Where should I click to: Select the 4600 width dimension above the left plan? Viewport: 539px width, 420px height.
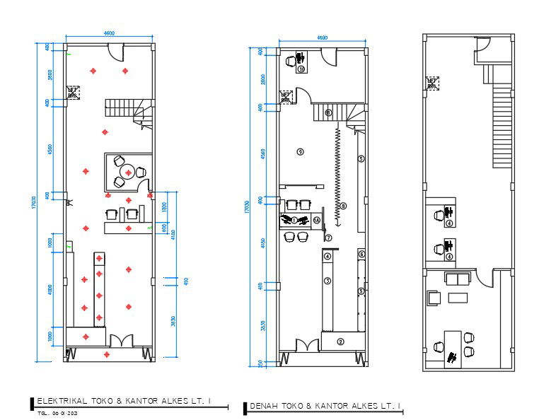(x=110, y=33)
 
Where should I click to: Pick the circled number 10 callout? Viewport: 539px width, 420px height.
(x=301, y=69)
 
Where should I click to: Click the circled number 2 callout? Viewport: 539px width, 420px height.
(x=340, y=342)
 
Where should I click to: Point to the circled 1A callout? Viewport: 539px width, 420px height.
(x=317, y=221)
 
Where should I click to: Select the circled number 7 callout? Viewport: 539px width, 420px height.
(x=328, y=238)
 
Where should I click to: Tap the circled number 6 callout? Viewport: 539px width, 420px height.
(x=361, y=254)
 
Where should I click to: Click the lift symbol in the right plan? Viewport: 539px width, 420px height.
(x=432, y=83)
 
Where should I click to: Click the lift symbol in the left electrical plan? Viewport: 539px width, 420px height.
(x=73, y=93)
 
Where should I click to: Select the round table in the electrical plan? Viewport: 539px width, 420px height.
(x=128, y=171)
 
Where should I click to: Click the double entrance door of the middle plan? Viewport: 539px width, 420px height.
(x=307, y=346)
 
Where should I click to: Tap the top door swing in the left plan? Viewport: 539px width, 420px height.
(x=115, y=51)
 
